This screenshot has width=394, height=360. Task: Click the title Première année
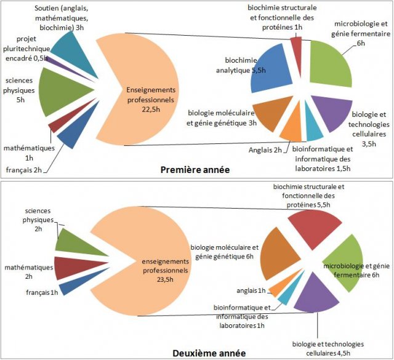pyautogui.click(x=195, y=170)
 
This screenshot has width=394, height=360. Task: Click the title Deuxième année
pyautogui.click(x=209, y=353)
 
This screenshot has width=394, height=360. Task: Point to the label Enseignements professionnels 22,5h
pyautogui.click(x=150, y=100)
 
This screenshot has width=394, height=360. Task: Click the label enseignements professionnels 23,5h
pyautogui.click(x=166, y=270)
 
